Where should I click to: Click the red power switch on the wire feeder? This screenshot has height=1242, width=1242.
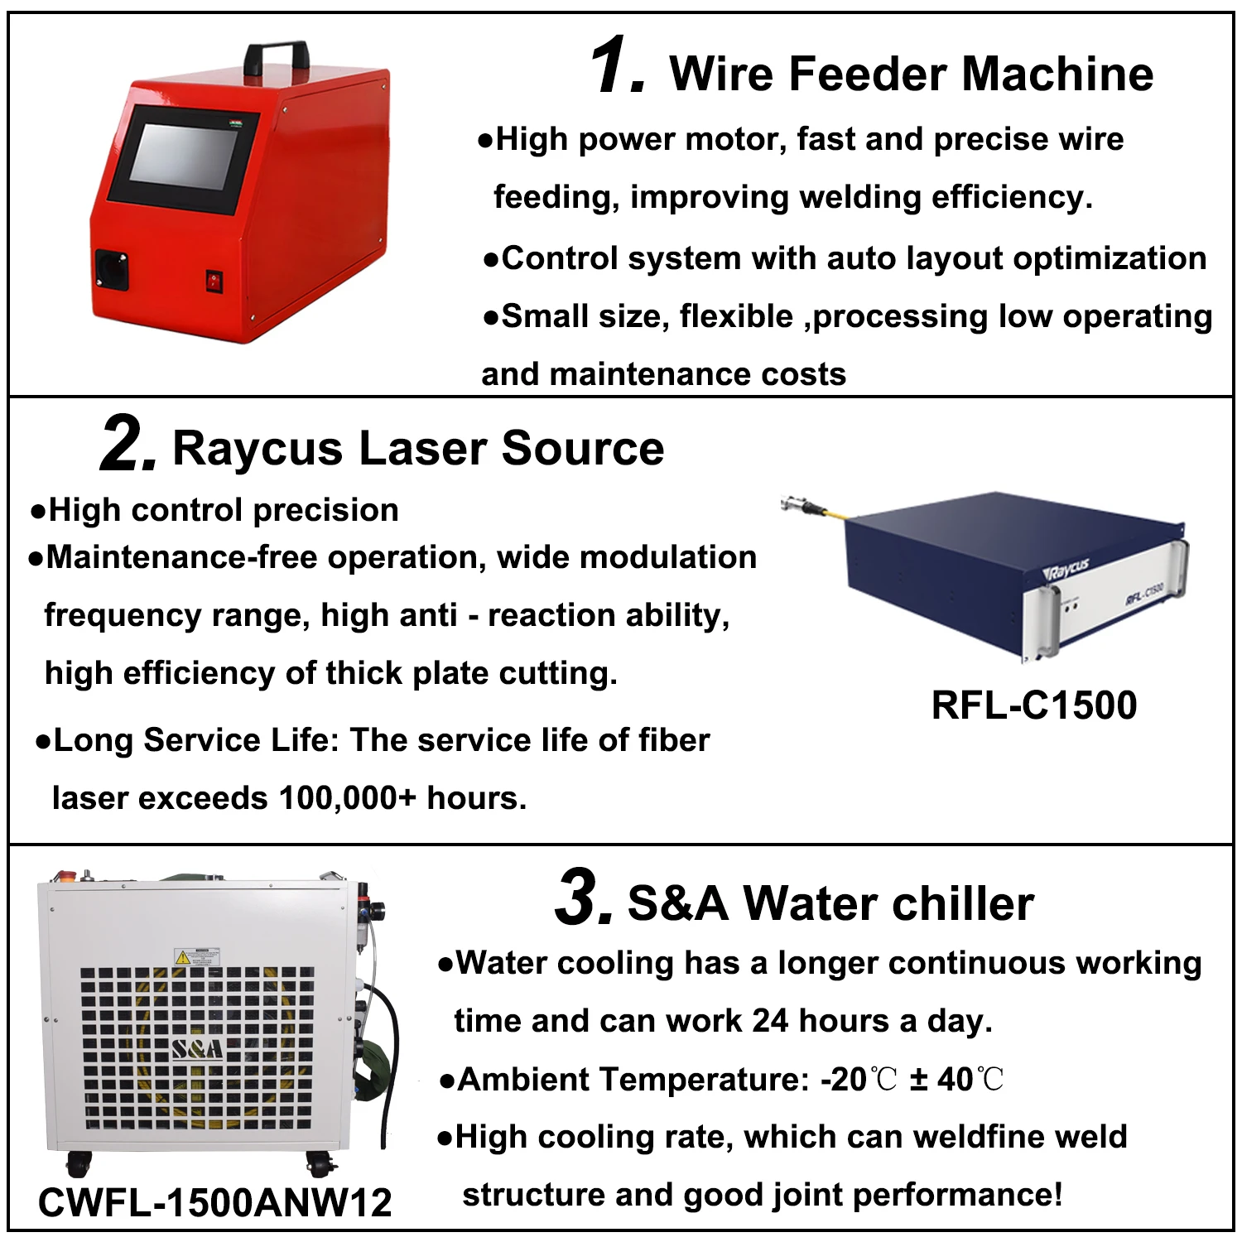(215, 281)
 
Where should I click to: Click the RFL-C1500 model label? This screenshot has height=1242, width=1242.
(1034, 705)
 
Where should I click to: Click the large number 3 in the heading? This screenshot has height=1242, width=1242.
(583, 898)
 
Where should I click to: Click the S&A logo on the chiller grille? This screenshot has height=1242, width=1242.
(197, 1049)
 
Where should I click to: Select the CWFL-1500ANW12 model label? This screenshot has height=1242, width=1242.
(215, 1202)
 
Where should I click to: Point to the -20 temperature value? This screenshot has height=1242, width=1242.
(843, 1080)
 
